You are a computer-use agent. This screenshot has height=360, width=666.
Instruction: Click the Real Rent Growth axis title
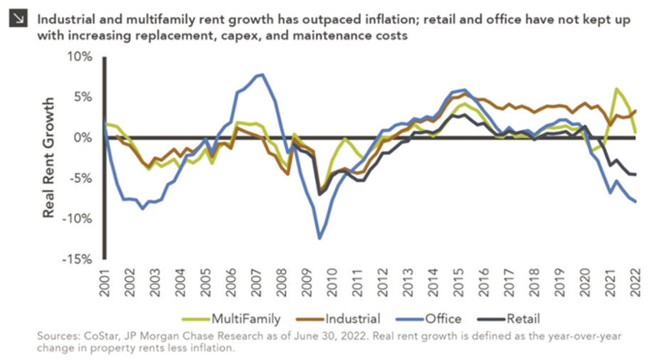click(49, 158)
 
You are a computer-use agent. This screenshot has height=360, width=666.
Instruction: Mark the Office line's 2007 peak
click(263, 74)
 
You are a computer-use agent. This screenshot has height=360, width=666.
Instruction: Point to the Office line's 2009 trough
click(320, 238)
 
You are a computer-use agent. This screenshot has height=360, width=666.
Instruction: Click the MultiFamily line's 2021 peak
click(616, 89)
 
